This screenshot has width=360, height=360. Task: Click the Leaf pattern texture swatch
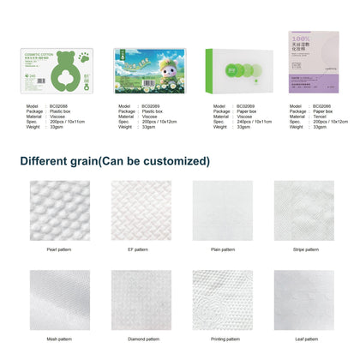[x=303, y=297]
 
